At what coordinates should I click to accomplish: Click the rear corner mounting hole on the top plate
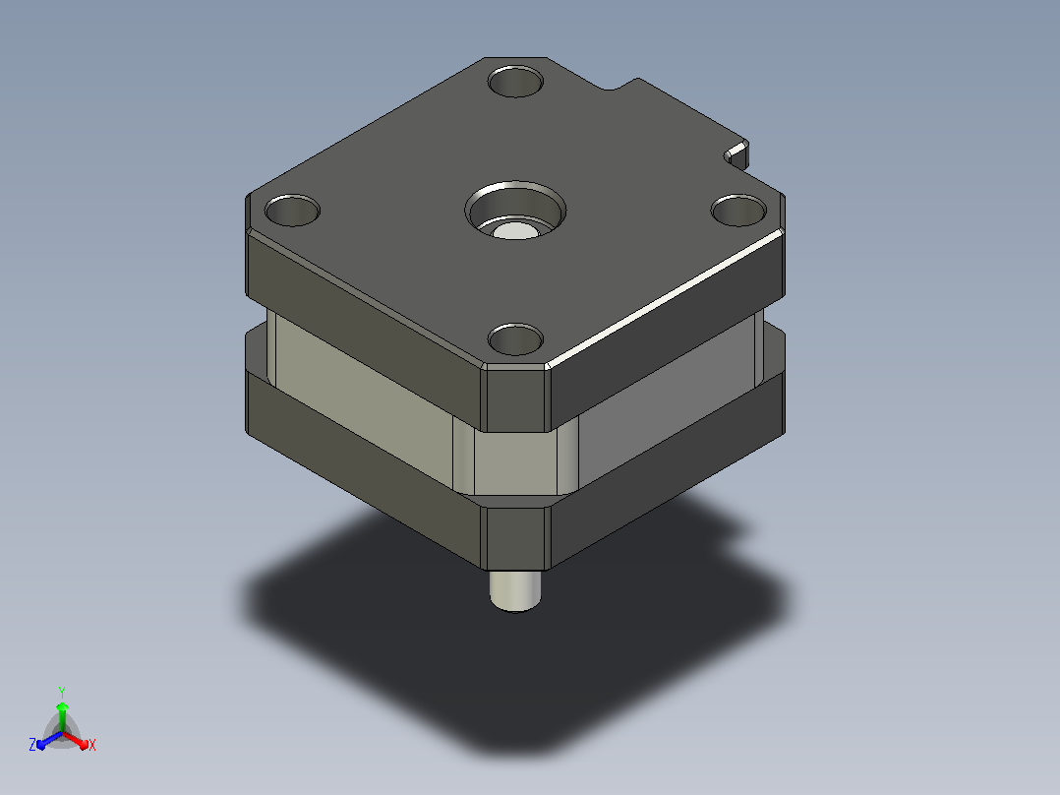point(515,82)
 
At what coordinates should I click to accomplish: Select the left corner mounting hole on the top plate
point(292,211)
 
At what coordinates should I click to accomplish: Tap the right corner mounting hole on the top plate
point(738,211)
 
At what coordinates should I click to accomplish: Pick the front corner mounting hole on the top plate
point(515,339)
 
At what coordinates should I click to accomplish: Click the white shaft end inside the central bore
point(515,230)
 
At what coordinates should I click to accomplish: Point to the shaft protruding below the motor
point(515,590)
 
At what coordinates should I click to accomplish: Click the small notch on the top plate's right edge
point(736,154)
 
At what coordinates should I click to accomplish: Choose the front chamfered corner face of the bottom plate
point(515,538)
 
